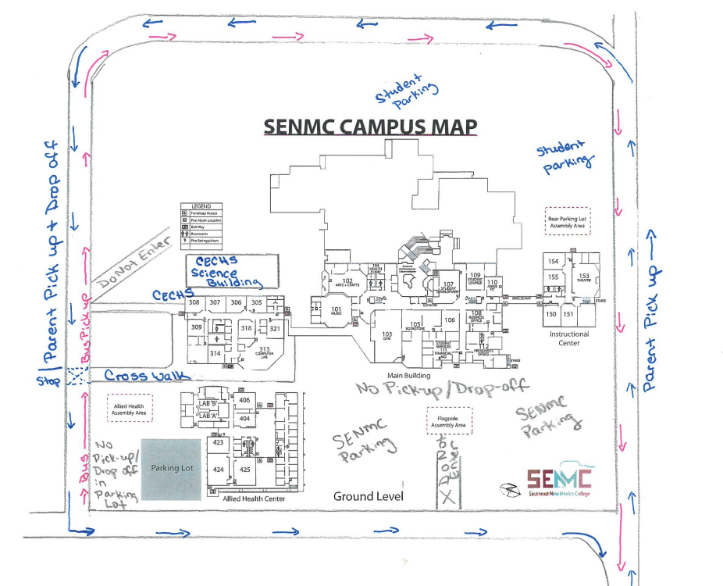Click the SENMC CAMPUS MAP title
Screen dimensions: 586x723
[x=370, y=127]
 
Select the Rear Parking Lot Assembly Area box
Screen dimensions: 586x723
[x=567, y=221]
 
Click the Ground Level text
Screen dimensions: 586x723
[x=368, y=496]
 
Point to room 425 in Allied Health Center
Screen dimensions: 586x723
[x=245, y=469]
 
